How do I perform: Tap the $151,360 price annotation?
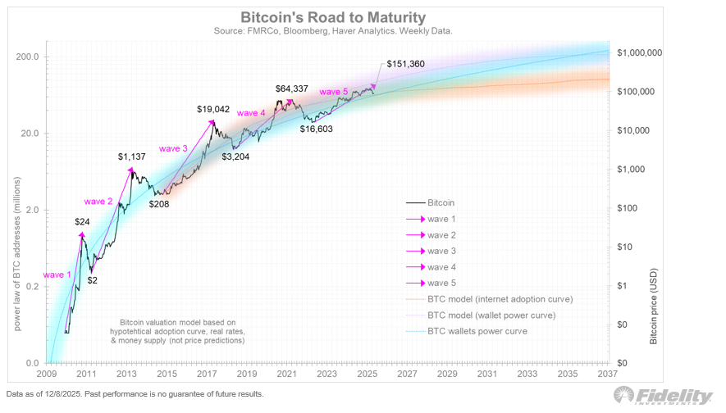click(x=406, y=63)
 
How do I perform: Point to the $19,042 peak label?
click(x=216, y=108)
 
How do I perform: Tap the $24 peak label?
click(x=82, y=221)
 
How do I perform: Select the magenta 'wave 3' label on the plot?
click(x=173, y=148)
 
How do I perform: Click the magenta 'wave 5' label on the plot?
click(x=334, y=92)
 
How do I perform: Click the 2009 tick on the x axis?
click(x=47, y=374)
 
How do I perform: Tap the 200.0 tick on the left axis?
click(x=29, y=57)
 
